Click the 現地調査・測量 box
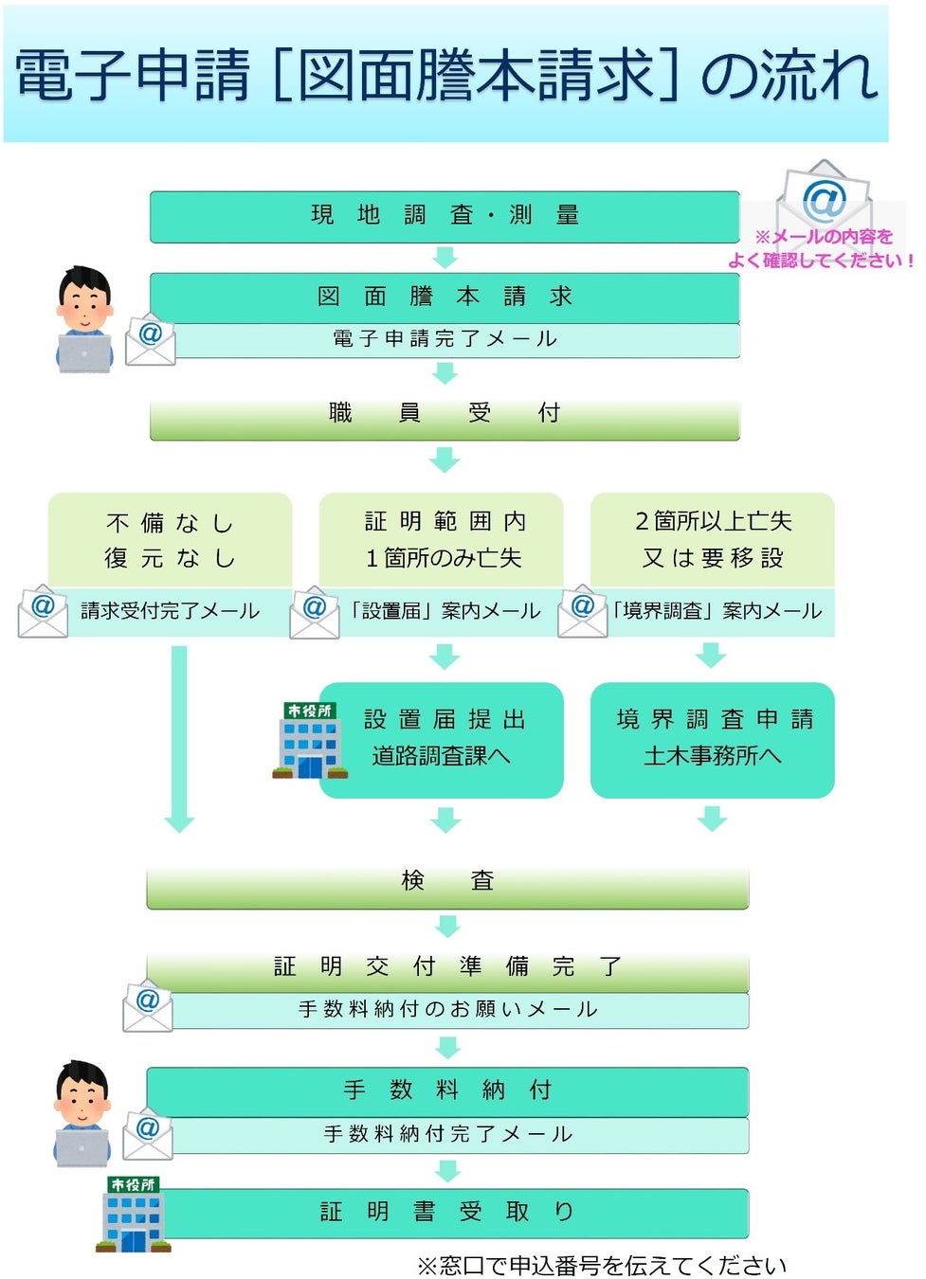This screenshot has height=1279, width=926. [x=444, y=216]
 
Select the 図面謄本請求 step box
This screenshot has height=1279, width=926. [x=444, y=297]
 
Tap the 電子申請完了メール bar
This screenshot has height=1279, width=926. [x=445, y=339]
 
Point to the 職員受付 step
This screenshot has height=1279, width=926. [x=444, y=413]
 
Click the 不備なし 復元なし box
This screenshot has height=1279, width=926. [x=170, y=540]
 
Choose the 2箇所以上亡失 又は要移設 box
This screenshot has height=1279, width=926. [x=713, y=540]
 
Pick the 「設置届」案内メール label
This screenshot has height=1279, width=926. [x=444, y=611]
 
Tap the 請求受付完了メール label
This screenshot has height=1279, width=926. [x=171, y=611]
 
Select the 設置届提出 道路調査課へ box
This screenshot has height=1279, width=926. [x=442, y=739]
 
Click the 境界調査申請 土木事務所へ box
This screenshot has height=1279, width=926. [x=713, y=739]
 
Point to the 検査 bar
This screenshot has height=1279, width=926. [x=447, y=881]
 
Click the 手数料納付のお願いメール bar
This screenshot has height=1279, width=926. [x=448, y=1010]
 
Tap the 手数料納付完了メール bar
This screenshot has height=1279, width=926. [x=448, y=1134]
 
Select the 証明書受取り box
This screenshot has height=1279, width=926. [x=447, y=1213]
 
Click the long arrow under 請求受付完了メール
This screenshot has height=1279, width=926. [x=179, y=739]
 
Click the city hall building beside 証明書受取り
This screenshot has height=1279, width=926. [x=134, y=1215]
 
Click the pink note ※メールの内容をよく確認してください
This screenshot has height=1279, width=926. [x=822, y=249]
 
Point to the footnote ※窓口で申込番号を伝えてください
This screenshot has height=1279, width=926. [x=601, y=1266]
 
